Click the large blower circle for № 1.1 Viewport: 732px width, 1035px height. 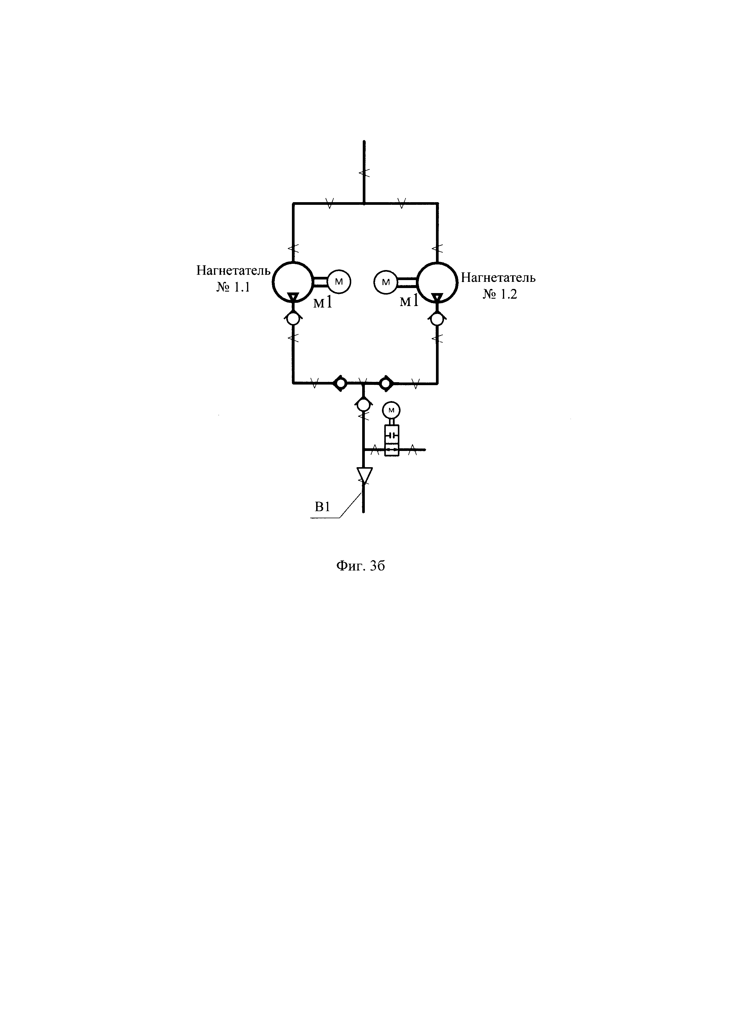pos(292,282)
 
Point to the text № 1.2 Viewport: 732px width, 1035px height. pos(500,294)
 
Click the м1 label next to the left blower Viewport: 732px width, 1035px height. pos(323,302)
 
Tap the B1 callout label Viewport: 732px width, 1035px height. pos(322,507)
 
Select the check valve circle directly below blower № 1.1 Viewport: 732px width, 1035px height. pos(293,319)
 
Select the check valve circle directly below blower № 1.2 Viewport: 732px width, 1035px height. pos(436,319)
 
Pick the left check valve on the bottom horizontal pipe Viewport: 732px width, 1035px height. pos(340,384)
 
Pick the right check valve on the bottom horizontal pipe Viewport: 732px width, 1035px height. pos(386,384)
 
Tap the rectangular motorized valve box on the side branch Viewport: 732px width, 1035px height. pos(392,440)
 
